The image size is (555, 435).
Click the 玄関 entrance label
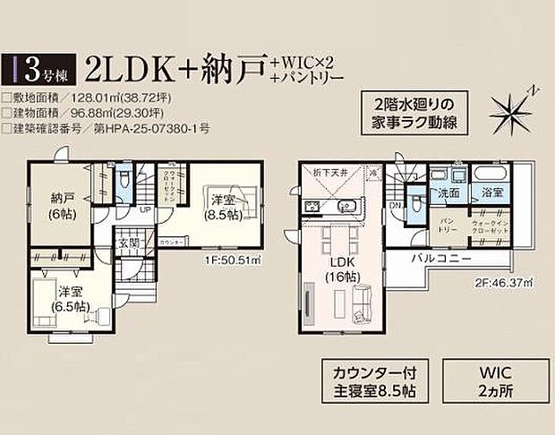pos(126,242)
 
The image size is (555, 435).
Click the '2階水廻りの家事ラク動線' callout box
pos(412,111)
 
